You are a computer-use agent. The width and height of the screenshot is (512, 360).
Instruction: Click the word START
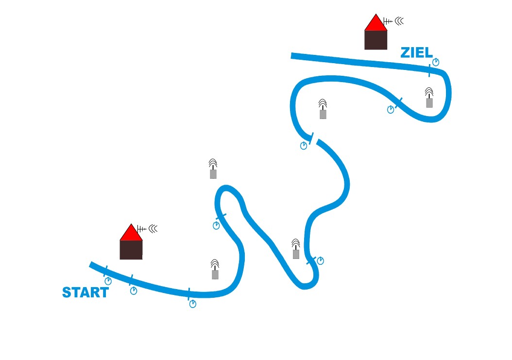[85, 292]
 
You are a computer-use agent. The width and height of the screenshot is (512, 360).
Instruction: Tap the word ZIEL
[416, 52]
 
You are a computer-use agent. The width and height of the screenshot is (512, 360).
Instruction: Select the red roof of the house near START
[131, 233]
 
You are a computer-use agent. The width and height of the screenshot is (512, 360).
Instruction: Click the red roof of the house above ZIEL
[376, 23]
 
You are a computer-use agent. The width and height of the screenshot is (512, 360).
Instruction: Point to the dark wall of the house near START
[131, 250]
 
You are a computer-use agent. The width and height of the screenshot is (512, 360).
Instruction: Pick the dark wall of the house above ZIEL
[376, 40]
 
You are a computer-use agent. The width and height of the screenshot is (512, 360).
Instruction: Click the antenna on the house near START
[141, 229]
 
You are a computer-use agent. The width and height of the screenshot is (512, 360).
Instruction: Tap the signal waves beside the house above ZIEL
[399, 21]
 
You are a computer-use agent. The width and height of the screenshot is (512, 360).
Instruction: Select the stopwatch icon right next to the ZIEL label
[436, 62]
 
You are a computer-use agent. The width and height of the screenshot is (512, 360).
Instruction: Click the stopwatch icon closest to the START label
[108, 281]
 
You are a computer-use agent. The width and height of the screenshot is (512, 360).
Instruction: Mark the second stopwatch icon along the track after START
[134, 291]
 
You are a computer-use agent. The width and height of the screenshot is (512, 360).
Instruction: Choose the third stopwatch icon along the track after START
[193, 304]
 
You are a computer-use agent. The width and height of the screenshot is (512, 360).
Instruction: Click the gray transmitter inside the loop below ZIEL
[429, 98]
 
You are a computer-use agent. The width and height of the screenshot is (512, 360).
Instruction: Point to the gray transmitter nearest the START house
[215, 269]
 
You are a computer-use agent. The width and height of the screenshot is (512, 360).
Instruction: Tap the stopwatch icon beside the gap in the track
[304, 145]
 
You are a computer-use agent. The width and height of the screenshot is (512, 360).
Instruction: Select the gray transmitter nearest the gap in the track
[323, 109]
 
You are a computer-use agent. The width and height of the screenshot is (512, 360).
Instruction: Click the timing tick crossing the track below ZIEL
[429, 70]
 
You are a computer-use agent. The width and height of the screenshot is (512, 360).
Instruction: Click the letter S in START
[67, 292]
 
